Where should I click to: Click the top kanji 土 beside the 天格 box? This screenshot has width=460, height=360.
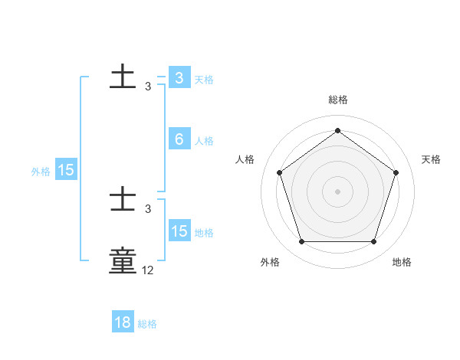(x=123, y=77)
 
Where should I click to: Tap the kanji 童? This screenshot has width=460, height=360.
(x=123, y=260)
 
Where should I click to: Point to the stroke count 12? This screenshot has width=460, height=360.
(x=148, y=270)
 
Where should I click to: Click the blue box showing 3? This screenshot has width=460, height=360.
(x=179, y=78)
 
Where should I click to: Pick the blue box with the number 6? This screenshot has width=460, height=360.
(x=179, y=139)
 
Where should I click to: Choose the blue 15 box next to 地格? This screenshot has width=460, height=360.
(x=179, y=231)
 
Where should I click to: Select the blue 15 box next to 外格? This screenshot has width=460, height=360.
(x=66, y=171)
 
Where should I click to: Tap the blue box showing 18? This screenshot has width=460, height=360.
(x=123, y=322)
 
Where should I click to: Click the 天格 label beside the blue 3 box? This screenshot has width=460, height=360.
(x=204, y=79)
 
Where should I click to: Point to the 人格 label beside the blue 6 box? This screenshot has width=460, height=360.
(x=204, y=141)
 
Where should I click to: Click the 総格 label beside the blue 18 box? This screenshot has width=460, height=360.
(x=147, y=324)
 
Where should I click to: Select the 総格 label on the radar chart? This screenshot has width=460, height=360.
(x=337, y=100)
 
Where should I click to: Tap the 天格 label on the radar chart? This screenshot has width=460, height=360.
(x=431, y=159)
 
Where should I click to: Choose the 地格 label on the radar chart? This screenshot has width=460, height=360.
(x=402, y=262)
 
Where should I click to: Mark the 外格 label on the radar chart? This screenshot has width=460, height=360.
(x=270, y=262)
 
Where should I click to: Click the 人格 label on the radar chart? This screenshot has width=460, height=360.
(x=245, y=159)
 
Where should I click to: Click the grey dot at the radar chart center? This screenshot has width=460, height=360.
(x=337, y=191)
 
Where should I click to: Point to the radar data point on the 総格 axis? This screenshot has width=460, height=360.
(x=337, y=130)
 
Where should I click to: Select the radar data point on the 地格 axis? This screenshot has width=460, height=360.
(x=373, y=242)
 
